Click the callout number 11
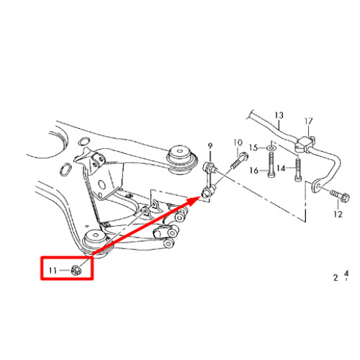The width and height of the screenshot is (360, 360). tap(53, 271)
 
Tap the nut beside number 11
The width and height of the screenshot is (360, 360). tap(76, 271)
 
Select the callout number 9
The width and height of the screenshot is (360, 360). tap(210, 145)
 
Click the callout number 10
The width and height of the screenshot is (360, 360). tap(238, 143)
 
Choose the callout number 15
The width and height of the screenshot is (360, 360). tap(253, 148)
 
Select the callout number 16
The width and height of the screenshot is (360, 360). tap(254, 171)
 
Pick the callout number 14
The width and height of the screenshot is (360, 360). tap(281, 168)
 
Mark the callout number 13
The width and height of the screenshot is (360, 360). tap(279, 115)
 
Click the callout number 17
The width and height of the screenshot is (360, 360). tap(309, 121)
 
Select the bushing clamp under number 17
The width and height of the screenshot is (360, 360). tap(305, 144)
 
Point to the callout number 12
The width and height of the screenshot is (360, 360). tap(338, 214)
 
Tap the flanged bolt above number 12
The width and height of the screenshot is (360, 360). tap(340, 195)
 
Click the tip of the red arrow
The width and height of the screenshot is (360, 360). tap(201, 197)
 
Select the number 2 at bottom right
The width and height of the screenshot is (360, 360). tap(336, 278)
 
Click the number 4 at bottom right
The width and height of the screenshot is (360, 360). tap(346, 274)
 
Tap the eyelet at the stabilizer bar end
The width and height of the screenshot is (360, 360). tap(317, 186)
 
